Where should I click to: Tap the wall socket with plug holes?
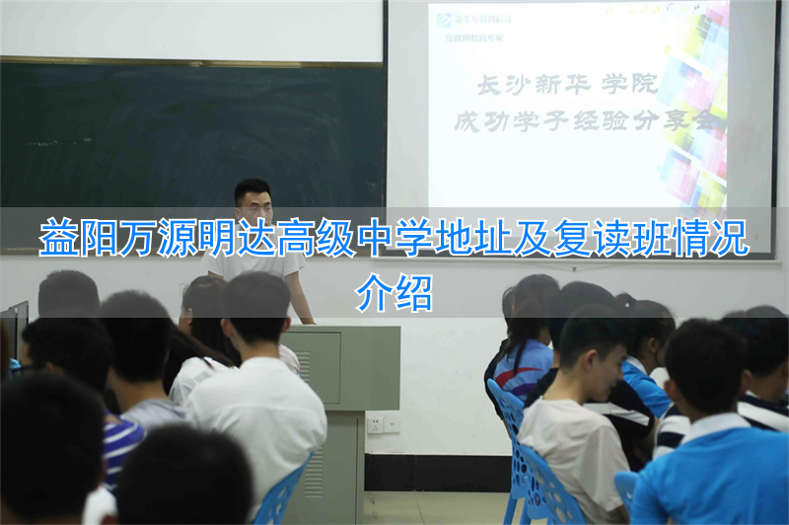coord(375,424)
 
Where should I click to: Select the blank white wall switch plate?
coord(393,423)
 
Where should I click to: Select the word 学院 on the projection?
coord(631,85)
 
